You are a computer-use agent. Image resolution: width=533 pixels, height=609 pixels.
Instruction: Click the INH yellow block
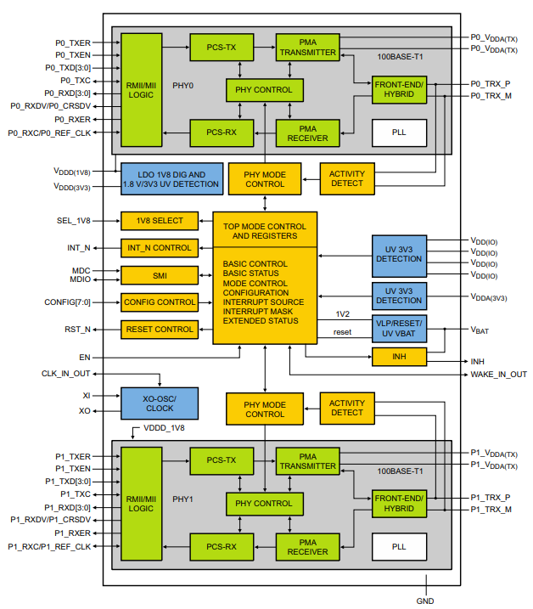[398, 357]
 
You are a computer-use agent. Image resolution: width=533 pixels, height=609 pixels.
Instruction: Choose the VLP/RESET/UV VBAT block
[398, 327]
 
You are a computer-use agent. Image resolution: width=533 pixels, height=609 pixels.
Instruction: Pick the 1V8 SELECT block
[159, 221]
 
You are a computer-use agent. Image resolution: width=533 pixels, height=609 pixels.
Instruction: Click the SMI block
[159, 275]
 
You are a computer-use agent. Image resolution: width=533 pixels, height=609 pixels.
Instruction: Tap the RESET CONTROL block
[159, 329]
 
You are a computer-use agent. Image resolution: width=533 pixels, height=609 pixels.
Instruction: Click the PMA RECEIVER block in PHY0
[307, 133]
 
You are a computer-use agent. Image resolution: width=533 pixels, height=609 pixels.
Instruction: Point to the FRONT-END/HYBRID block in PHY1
[398, 503]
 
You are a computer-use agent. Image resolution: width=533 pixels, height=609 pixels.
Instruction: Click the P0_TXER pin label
[73, 42]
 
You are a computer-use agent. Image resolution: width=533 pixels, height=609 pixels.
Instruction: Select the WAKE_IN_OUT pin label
[498, 375]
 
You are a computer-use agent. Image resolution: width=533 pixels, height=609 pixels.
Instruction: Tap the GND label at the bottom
[425, 601]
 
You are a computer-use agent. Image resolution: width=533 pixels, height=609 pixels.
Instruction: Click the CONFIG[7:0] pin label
[68, 302]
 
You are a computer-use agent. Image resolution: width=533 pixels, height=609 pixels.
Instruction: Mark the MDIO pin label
[81, 279]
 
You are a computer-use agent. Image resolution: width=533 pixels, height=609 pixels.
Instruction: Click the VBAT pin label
[481, 328]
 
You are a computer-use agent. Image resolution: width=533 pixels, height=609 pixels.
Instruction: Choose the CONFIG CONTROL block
[159, 302]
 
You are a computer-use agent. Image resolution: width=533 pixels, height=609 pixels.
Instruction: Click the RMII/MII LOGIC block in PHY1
[141, 502]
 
